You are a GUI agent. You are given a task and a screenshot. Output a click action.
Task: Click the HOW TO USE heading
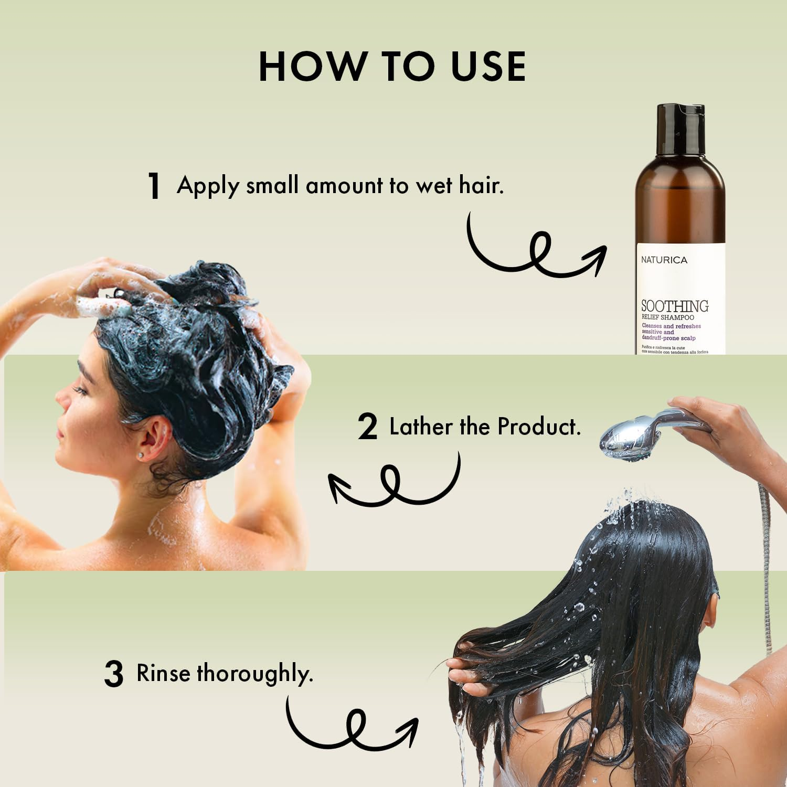(x=392, y=67)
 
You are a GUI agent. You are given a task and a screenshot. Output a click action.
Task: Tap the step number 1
(x=154, y=186)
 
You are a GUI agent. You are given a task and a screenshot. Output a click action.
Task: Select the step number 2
(x=367, y=427)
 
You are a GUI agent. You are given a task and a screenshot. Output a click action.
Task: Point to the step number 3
(x=113, y=674)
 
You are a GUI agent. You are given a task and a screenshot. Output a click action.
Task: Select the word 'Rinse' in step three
(x=163, y=673)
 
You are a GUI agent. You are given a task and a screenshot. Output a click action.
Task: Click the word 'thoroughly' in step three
(x=254, y=674)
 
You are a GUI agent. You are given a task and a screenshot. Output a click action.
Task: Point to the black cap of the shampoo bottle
(x=680, y=129)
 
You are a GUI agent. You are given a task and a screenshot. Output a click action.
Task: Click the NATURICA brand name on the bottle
(x=664, y=260)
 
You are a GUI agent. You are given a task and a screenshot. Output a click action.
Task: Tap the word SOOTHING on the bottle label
(x=675, y=306)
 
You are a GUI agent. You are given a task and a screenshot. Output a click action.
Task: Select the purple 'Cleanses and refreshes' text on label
(x=671, y=326)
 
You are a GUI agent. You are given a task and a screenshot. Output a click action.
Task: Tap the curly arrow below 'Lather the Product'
(x=393, y=480)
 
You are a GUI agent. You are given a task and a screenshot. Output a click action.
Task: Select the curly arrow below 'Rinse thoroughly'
(x=352, y=724)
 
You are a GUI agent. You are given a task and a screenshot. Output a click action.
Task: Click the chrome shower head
(x=627, y=440)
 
